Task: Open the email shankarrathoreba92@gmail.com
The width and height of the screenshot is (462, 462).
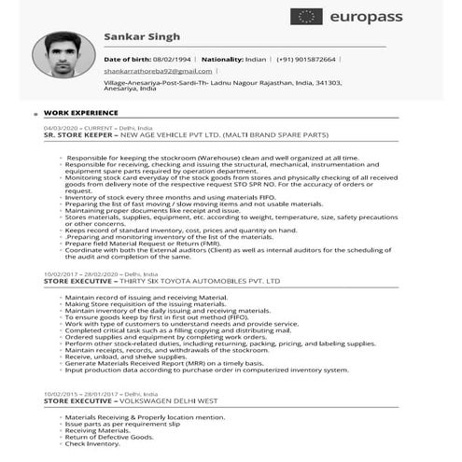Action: tap(158, 70)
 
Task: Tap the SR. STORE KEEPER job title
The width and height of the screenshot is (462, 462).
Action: tap(82, 133)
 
